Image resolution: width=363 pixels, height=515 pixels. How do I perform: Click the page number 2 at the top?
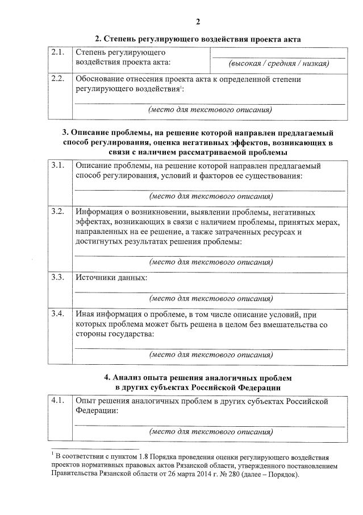tap(198, 22)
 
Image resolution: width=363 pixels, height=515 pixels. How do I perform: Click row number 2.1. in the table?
tap(57, 53)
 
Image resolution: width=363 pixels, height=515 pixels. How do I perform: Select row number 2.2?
tap(57, 79)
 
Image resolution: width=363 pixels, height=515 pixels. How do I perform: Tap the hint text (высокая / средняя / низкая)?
tap(278, 63)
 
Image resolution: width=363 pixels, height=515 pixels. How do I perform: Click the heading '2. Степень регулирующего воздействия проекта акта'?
tap(198, 39)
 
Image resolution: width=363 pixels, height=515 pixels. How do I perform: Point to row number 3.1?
tap(57, 166)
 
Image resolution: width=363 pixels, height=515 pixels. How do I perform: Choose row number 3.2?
tap(57, 211)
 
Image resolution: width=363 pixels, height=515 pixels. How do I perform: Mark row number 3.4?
tap(57, 314)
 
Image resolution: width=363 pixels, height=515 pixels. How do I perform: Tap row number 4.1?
tap(57, 401)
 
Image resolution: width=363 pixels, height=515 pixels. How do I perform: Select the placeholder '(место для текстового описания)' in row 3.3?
tap(210, 298)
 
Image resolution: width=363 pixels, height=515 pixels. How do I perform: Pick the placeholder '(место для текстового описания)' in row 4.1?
tap(210, 431)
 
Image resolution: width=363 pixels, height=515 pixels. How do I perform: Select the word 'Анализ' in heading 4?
tap(126, 377)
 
